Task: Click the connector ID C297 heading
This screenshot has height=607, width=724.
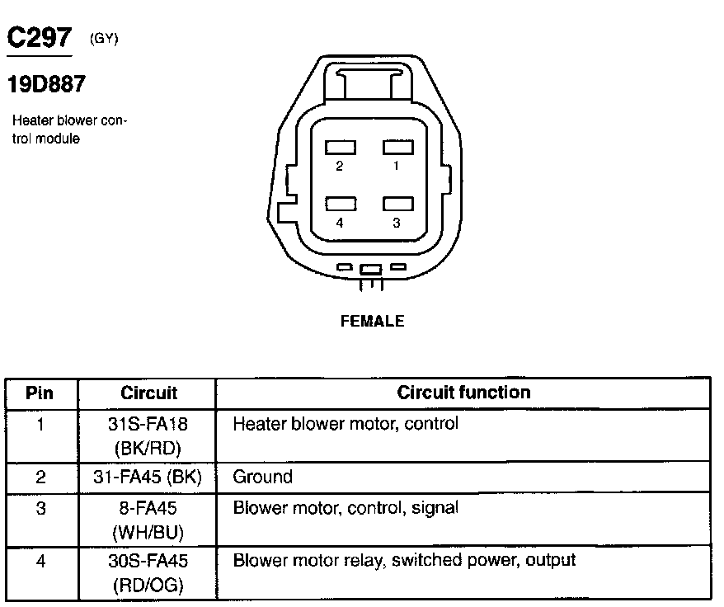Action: click(40, 38)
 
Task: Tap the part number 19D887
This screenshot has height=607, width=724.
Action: click(46, 83)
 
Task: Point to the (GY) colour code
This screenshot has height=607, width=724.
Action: click(103, 39)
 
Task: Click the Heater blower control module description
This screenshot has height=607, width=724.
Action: click(69, 129)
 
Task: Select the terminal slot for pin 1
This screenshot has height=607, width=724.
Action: click(397, 147)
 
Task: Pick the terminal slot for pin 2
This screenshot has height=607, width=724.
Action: click(341, 147)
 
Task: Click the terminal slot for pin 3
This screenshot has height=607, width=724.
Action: click(397, 204)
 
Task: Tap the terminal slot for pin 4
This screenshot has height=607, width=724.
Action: click(341, 204)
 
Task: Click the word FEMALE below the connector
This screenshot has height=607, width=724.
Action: click(372, 321)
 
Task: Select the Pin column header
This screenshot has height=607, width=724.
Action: click(40, 393)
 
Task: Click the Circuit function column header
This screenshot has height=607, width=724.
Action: click(463, 393)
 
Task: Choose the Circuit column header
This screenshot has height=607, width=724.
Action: click(148, 393)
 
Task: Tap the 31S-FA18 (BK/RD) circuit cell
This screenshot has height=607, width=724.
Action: click(148, 435)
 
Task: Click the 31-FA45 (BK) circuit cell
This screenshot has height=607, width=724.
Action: click(148, 477)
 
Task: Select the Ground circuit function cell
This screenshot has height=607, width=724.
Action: click(262, 477)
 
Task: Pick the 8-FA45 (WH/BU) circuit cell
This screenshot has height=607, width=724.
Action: click(148, 520)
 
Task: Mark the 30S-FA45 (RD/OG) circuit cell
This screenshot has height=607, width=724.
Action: click(148, 572)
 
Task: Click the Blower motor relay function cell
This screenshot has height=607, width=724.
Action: click(404, 561)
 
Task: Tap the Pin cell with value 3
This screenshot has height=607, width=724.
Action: click(40, 508)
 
